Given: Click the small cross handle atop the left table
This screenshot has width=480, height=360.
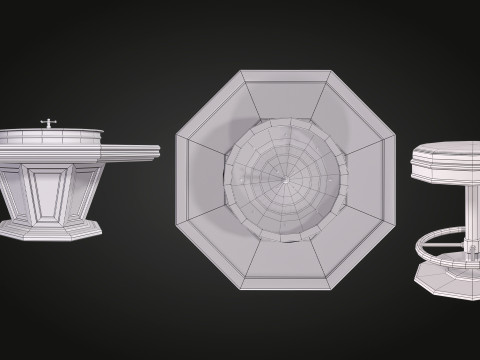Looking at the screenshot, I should pyautogui.click(x=45, y=123).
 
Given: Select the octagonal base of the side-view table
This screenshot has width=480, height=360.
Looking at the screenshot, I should pyautogui.click(x=50, y=230).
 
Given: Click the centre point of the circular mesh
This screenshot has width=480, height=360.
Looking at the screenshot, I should pyautogui.click(x=284, y=180).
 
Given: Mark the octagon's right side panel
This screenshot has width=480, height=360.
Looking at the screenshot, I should pyautogui.click(x=374, y=180).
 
